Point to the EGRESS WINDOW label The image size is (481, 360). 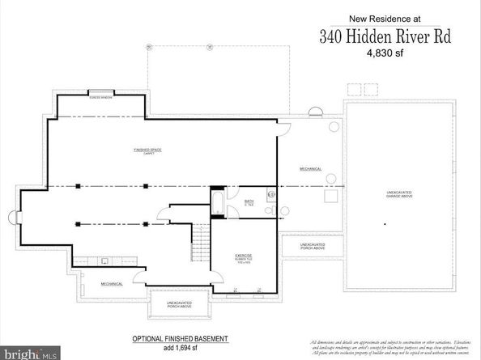pyautogui.click(x=100, y=95)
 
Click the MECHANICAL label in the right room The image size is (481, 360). pyautogui.click(x=310, y=168)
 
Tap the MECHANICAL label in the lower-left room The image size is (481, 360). pyautogui.click(x=112, y=284)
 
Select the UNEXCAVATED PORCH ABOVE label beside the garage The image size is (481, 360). pyautogui.click(x=312, y=246)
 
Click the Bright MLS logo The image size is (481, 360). pyautogui.click(x=28, y=354)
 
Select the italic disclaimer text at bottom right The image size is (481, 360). pyautogui.click(x=389, y=346)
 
